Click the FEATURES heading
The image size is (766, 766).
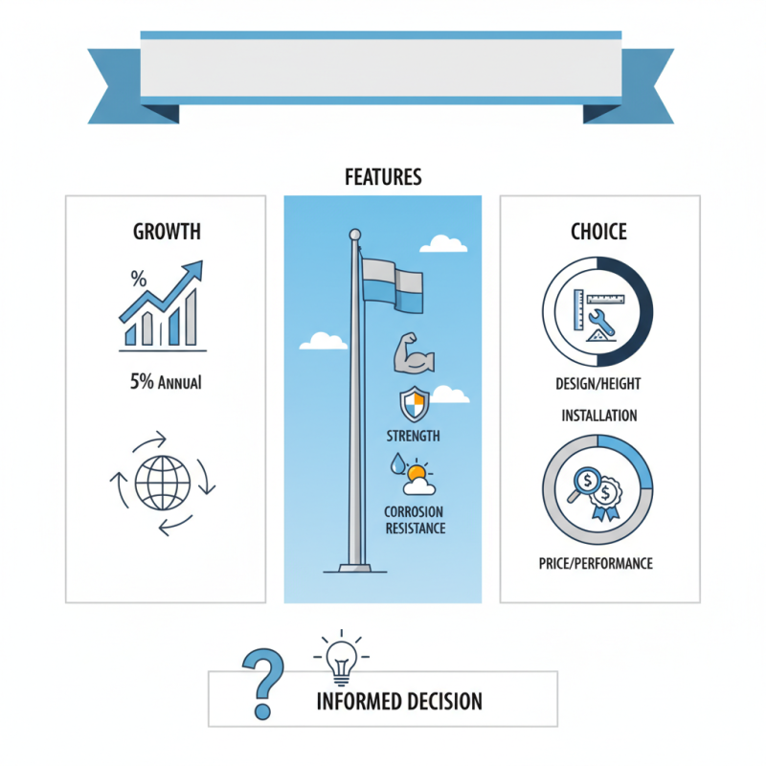[x=383, y=177]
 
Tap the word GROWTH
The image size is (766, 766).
[x=167, y=232]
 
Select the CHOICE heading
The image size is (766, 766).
[x=598, y=232]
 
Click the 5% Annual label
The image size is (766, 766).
[x=166, y=381]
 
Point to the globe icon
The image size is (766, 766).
[x=163, y=483]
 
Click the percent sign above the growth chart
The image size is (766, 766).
[x=139, y=279]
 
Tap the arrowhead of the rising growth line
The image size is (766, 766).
[x=193, y=269]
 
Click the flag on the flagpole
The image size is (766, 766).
[x=393, y=285]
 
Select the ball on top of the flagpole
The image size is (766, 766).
[x=355, y=235]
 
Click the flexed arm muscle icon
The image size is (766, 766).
[x=414, y=353]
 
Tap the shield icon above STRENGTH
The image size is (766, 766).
[x=415, y=404]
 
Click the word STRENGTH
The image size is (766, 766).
[x=413, y=436]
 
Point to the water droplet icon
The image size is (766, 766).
[x=397, y=463]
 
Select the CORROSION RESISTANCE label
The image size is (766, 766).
[x=415, y=520]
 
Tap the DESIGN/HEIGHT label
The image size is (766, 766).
[x=597, y=384]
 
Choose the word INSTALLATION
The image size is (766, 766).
[x=599, y=416]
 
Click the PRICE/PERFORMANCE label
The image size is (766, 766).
[x=596, y=564]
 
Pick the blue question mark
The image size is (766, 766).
[x=262, y=684]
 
